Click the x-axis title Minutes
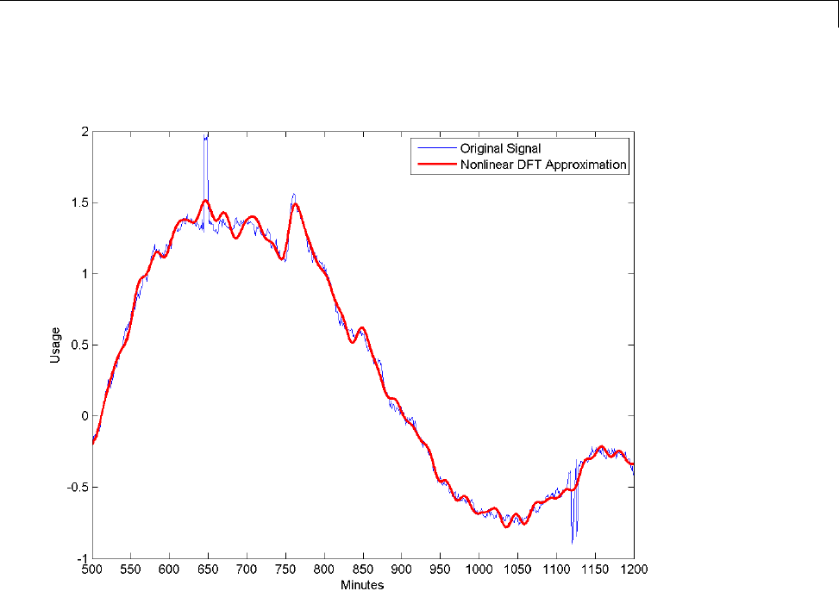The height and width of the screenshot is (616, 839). click(x=362, y=585)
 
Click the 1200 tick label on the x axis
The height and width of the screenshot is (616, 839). click(x=634, y=569)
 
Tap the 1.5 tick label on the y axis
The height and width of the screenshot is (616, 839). click(x=80, y=203)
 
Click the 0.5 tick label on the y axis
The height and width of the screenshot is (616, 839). click(x=80, y=345)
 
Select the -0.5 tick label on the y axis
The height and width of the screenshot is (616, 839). click(x=78, y=487)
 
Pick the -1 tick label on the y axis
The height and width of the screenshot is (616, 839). click(x=83, y=558)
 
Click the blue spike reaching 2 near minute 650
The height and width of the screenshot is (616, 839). click(x=206, y=138)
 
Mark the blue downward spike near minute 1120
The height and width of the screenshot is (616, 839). click(x=573, y=538)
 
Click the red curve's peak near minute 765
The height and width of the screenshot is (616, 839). click(x=295, y=204)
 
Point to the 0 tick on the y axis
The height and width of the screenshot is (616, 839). click(x=85, y=416)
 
